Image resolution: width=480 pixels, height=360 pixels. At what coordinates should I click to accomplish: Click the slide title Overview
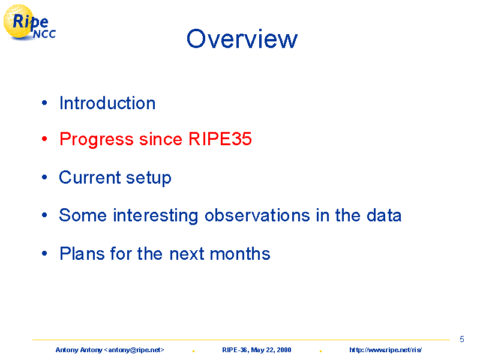pos(242,39)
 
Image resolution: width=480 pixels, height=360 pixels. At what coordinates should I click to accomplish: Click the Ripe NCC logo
pos(29,23)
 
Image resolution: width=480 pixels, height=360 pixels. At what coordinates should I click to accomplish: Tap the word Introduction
pos(107,103)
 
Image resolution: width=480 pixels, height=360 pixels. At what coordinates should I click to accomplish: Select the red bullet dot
pos(44,139)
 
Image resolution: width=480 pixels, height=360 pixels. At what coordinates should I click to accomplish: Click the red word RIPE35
pos(220,139)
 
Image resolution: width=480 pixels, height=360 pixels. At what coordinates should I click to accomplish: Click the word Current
pos(90,177)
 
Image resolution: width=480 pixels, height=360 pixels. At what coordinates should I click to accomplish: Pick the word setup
pos(148,178)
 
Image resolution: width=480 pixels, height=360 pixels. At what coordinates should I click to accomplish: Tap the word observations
pos(257,215)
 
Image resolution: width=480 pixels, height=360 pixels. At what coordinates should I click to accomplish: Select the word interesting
pos(155,216)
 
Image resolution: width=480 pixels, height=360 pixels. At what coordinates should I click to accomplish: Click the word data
pos(384,215)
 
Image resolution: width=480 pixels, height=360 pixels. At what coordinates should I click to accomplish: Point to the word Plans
pos(82,253)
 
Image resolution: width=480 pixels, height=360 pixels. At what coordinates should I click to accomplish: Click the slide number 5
pos(462,339)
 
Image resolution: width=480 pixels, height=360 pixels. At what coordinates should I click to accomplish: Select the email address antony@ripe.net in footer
pos(134,350)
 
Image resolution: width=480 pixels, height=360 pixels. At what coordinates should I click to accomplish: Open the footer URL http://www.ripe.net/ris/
pos(385,350)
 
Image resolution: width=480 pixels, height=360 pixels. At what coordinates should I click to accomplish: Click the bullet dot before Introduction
pos(44,103)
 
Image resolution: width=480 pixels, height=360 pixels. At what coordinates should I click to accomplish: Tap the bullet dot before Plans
pos(44,253)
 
